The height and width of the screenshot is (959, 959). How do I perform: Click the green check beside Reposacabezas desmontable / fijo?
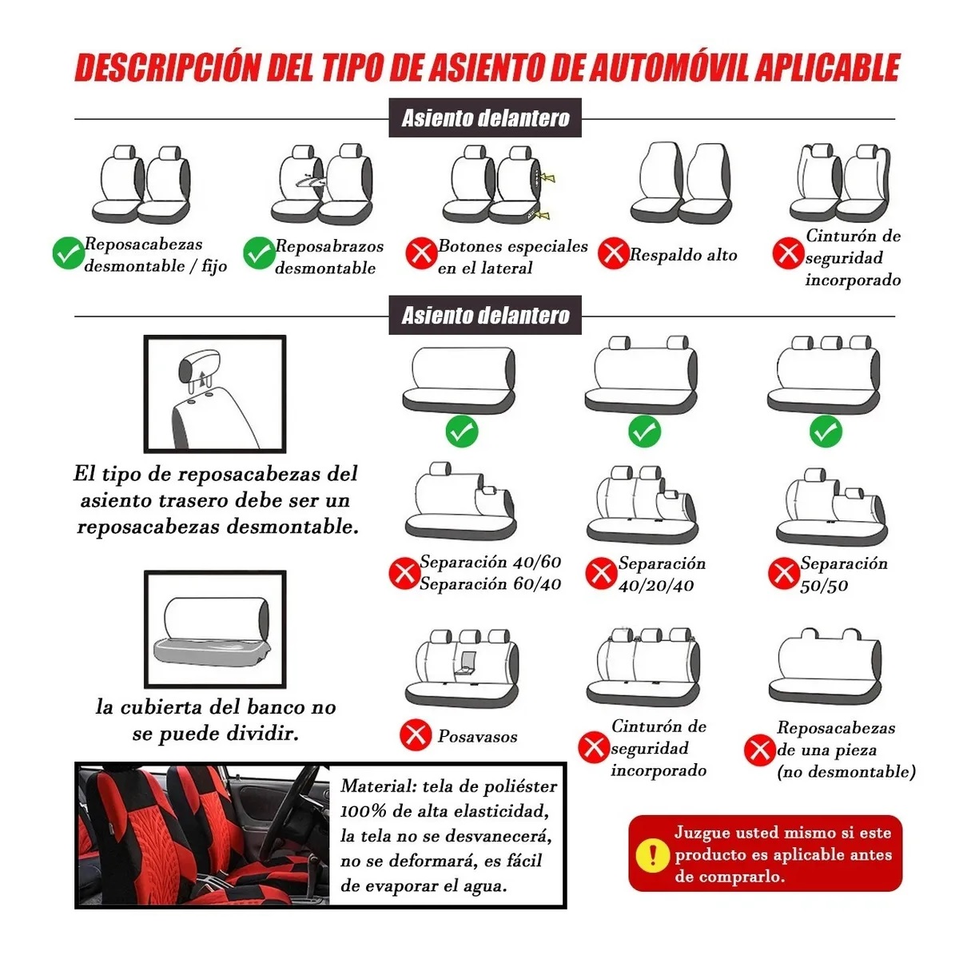tap(68, 254)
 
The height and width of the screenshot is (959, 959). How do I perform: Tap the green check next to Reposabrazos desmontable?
tap(259, 254)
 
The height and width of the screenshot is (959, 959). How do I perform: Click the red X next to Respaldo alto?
tap(614, 254)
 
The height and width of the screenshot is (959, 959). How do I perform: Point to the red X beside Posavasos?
tap(416, 734)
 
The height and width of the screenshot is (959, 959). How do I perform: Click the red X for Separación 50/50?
tap(782, 573)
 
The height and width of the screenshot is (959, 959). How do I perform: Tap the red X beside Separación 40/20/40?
tap(600, 573)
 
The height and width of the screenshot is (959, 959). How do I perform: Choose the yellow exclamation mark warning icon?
tap(653, 854)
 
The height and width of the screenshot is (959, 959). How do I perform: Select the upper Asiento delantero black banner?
tap(485, 118)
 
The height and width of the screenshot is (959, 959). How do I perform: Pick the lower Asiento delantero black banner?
tap(485, 315)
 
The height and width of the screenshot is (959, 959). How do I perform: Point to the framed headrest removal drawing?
tap(214, 394)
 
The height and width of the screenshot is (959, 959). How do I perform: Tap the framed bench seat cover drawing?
tap(214, 629)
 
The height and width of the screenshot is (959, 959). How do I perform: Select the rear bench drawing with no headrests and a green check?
tap(460, 380)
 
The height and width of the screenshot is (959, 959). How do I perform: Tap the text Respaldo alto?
tap(683, 255)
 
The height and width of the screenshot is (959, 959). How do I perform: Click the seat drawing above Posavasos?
tap(463, 668)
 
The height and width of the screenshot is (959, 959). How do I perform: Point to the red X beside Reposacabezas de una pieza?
tap(758, 750)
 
